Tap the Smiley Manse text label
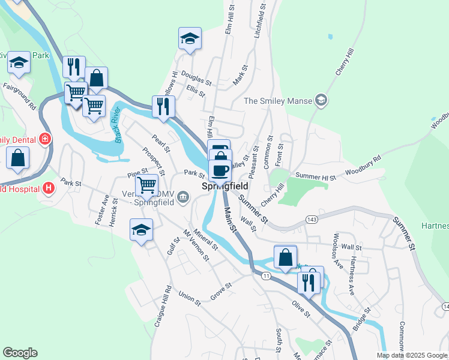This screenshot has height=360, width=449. tap(278, 100)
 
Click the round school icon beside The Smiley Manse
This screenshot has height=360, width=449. tap(321, 100)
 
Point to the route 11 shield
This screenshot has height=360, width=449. tap(266, 275)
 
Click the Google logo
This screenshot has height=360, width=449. tap(20, 353)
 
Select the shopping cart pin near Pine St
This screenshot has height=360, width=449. tap(147, 185)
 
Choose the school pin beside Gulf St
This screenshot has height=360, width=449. tap(142, 230)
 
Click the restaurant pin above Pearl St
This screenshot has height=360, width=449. tap(163, 107)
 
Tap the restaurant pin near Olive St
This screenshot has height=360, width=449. tap(309, 281)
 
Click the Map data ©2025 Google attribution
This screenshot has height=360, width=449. tap(412, 355)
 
